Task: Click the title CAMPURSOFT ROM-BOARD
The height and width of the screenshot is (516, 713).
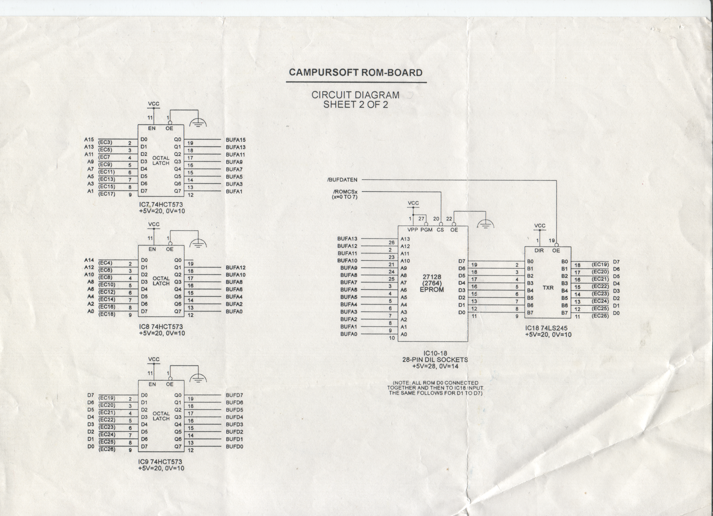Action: [356, 73]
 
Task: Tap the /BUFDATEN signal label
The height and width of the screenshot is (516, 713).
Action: [342, 180]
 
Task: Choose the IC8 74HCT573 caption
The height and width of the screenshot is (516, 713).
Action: [161, 327]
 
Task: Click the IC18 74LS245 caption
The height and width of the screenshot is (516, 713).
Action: [546, 328]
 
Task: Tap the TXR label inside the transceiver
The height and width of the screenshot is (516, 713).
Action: [548, 288]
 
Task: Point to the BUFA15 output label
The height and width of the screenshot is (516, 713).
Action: [235, 140]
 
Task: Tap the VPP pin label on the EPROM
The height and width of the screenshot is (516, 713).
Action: [413, 230]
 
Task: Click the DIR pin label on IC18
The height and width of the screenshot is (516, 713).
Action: [539, 250]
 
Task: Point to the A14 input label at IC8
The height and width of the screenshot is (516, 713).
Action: [89, 260]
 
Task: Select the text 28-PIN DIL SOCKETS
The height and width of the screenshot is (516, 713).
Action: [435, 360]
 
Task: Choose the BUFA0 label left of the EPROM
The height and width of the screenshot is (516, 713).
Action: [349, 334]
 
